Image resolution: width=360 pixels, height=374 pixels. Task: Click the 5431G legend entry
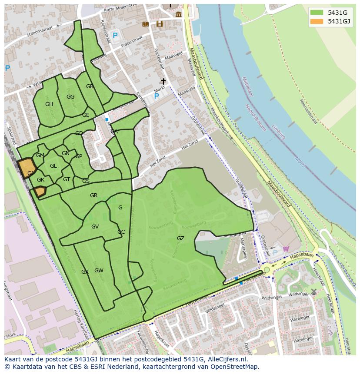click(x=330, y=12)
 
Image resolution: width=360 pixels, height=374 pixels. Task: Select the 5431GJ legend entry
click(x=330, y=21)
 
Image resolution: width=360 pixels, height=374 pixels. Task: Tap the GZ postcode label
click(x=180, y=238)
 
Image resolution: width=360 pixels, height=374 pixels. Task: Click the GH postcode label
click(x=49, y=104)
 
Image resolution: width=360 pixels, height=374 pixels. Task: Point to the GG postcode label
click(x=70, y=97)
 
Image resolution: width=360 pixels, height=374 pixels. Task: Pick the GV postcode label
click(x=95, y=227)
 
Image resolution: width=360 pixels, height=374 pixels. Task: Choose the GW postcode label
click(x=99, y=271)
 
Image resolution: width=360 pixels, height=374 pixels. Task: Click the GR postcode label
click(x=93, y=195)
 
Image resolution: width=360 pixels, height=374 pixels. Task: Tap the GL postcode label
click(x=53, y=166)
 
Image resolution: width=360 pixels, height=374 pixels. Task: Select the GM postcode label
click(x=40, y=156)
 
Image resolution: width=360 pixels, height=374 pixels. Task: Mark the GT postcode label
click(x=67, y=179)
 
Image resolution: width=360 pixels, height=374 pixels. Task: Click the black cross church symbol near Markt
click(x=163, y=82)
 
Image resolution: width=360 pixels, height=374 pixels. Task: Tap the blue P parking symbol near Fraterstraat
click(x=115, y=36)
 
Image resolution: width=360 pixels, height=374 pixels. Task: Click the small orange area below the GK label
click(x=40, y=191)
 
